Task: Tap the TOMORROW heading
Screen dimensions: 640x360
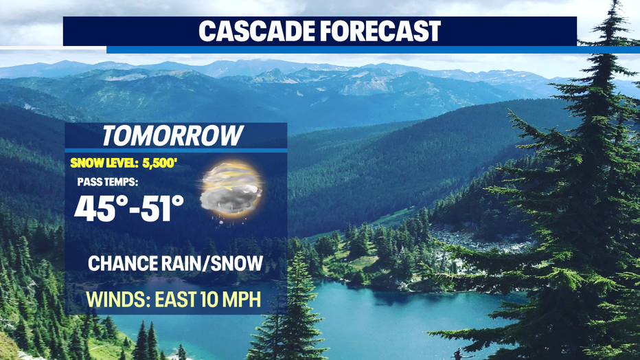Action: pos(172,135)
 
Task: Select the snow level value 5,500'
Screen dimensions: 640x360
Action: pos(159,164)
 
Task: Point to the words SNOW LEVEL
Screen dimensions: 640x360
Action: pos(104,164)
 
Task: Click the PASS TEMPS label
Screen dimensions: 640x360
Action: pos(108,181)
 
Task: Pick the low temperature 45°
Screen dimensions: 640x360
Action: pos(99,208)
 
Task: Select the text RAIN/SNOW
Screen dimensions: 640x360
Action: pos(212,263)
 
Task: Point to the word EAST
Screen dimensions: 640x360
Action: pos(176,299)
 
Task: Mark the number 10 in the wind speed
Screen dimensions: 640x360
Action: pos(209,299)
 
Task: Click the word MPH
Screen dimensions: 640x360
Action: pos(242,299)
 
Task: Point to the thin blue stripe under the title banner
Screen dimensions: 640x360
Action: pos(373,49)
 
